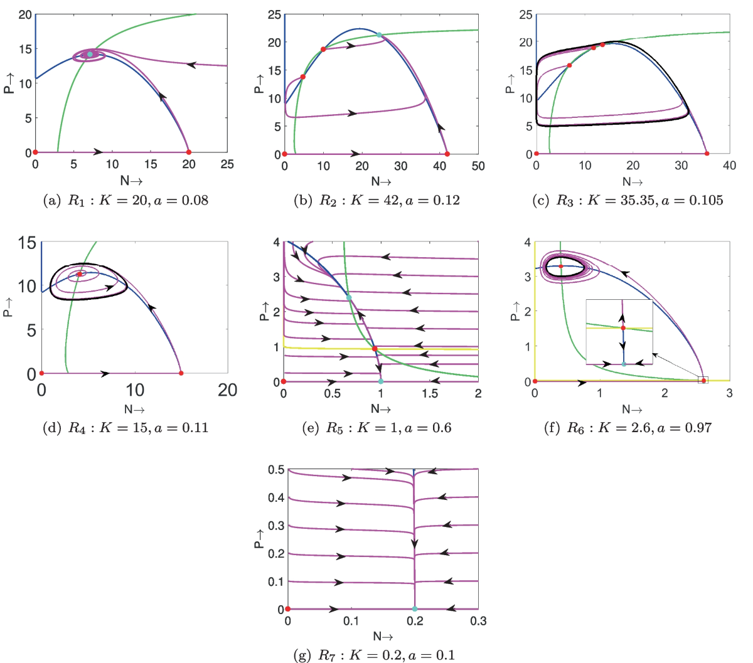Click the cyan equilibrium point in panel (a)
point(90,55)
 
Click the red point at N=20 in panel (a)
point(189,152)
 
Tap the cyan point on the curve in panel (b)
point(379,35)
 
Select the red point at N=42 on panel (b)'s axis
point(447,154)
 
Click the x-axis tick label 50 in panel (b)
point(478,166)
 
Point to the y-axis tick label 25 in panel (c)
point(526,14)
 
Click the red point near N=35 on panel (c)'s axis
point(707,154)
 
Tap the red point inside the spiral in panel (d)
point(80,274)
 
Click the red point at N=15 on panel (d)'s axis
point(181,373)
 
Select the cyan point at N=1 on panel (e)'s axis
point(381,381)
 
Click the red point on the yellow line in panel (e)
point(375,349)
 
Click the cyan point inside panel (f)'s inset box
point(624,364)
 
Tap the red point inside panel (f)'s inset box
point(623,328)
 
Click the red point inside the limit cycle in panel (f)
point(561,267)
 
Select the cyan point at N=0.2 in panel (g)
point(415,609)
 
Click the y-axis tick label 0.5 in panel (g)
point(277,470)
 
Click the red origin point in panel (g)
point(288,609)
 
